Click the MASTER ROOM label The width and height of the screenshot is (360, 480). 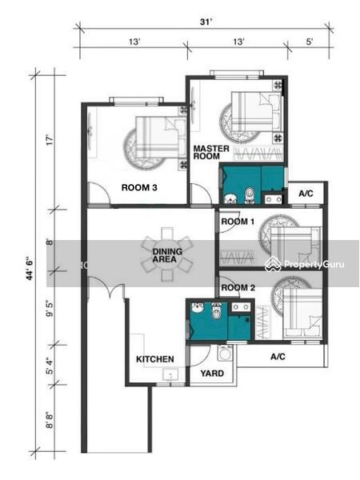[211, 152]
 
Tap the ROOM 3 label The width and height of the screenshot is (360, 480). [139, 187]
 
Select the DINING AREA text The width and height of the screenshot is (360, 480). [167, 255]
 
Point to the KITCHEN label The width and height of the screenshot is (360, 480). [155, 359]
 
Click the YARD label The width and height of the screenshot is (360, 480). [212, 373]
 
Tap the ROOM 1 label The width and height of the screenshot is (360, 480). [238, 222]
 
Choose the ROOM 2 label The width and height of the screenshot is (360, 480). [238, 288]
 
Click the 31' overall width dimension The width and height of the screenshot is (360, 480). [206, 22]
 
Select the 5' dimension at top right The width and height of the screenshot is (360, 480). [310, 42]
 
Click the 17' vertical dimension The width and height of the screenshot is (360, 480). [50, 140]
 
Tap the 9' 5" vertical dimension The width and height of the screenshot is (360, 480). [50, 309]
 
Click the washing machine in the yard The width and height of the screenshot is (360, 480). [224, 354]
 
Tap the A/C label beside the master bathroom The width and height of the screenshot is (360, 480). [306, 194]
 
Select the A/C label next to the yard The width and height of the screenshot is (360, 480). [278, 356]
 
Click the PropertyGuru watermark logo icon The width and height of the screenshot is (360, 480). [273, 264]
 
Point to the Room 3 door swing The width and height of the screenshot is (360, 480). [98, 193]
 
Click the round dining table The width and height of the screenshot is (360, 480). [167, 254]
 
